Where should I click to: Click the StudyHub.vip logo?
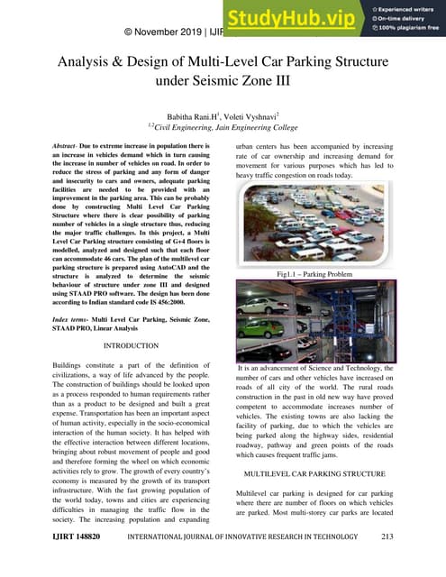point(294,17)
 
